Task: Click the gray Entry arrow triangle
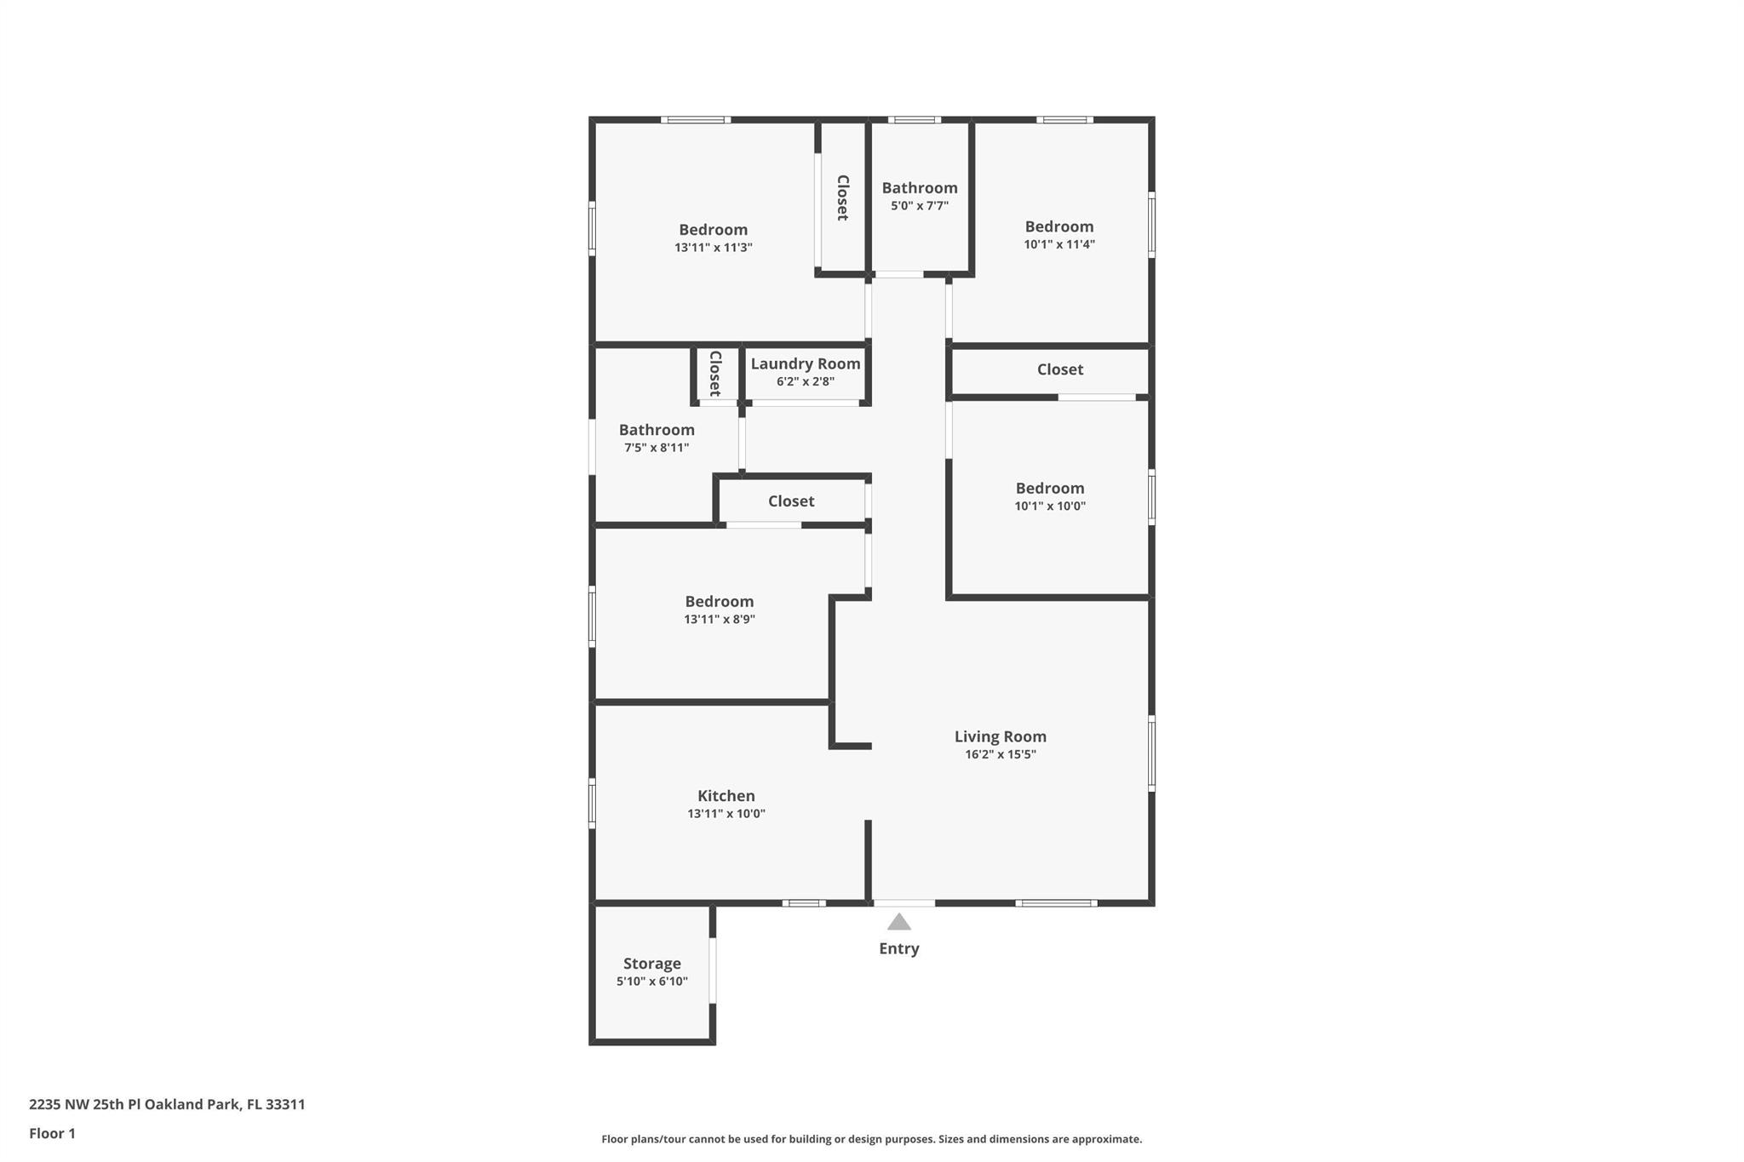pos(899,922)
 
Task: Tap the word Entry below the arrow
pos(899,948)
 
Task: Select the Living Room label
pos(1001,736)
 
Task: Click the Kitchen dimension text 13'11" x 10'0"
pos(726,814)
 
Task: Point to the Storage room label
pos(652,964)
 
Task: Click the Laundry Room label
pos(806,364)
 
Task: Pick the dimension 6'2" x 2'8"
pos(806,382)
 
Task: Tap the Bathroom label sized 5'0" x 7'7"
pos(920,188)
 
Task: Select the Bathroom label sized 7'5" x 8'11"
pos(657,430)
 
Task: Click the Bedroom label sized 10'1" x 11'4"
pos(1059,226)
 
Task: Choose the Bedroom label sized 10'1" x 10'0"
pos(1050,489)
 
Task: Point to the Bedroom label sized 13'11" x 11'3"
pos(714,230)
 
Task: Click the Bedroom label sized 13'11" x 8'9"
pos(720,602)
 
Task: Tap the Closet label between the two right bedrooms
pos(1060,369)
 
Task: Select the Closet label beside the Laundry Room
pos(715,374)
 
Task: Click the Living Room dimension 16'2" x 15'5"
pos(1001,755)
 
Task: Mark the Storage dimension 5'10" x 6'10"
pos(652,982)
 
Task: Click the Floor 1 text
pos(53,1134)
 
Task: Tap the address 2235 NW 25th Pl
pos(85,1105)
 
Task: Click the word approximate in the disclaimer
pos(1106,1139)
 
